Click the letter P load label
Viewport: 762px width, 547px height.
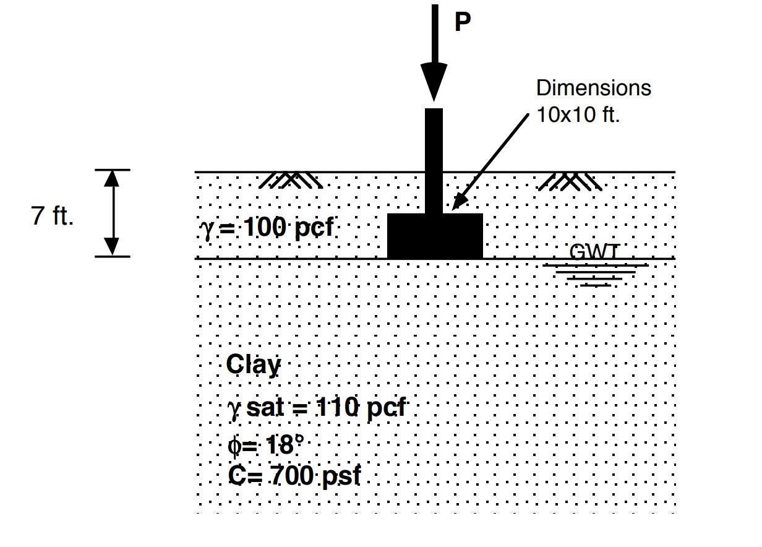tap(462, 23)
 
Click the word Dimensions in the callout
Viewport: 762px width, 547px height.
tap(593, 88)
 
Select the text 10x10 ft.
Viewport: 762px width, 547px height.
tap(577, 115)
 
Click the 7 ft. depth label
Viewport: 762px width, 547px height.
tap(53, 217)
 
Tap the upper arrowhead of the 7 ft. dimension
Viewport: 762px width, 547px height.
tap(111, 178)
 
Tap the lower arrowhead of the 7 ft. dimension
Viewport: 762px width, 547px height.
tap(111, 247)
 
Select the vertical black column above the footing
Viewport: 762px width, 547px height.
tap(434, 161)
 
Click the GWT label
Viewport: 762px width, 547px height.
tap(593, 252)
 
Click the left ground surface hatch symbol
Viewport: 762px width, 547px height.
tap(290, 180)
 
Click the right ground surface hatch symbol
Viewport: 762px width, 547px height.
tap(570, 180)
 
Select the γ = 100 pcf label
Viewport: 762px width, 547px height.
tap(266, 228)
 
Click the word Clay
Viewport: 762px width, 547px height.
tap(253, 364)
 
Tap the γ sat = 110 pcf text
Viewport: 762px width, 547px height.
tap(317, 408)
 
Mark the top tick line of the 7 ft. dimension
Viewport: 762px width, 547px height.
tap(112, 170)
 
